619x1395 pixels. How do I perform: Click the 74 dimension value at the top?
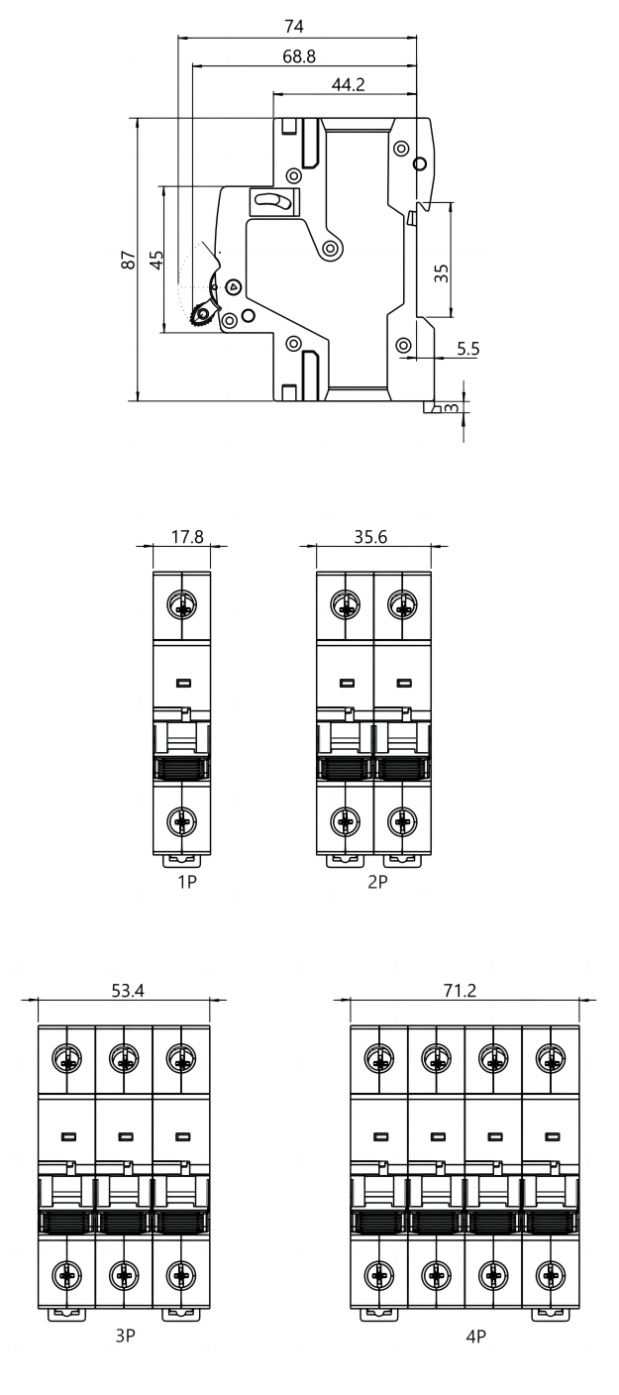click(294, 26)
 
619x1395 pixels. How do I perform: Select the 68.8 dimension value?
click(299, 56)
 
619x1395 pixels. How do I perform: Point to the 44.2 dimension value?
click(348, 84)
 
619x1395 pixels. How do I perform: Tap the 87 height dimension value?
click(129, 259)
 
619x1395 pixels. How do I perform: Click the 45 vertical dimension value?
click(156, 259)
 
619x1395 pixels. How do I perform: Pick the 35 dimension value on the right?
click(441, 272)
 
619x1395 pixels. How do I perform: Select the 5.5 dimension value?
click(467, 349)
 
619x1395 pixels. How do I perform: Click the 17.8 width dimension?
click(187, 537)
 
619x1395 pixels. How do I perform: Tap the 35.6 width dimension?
click(370, 537)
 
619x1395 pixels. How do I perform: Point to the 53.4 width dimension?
click(128, 991)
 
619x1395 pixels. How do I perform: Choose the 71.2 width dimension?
click(461, 991)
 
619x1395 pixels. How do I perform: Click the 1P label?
click(187, 882)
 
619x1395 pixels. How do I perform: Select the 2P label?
click(377, 882)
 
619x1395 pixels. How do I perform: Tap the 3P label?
click(125, 1336)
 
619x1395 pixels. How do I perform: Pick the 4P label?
click(475, 1336)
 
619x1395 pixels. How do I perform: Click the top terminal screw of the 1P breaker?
click(182, 604)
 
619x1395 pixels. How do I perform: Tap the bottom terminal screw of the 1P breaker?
click(182, 821)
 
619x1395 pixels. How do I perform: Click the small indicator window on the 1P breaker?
click(183, 684)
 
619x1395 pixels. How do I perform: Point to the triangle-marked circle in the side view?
click(233, 287)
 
